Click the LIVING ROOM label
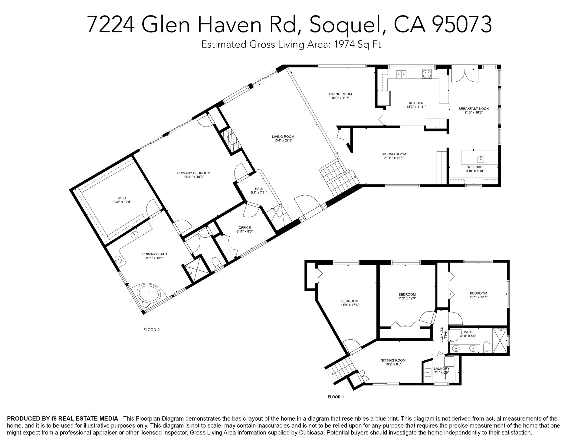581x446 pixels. point(283,137)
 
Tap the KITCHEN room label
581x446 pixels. point(416,103)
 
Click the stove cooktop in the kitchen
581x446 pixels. point(427,74)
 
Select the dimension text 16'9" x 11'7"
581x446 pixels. point(340,98)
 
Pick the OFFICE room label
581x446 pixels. point(245,228)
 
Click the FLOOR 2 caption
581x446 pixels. point(151,330)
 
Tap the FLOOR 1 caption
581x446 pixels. point(336,397)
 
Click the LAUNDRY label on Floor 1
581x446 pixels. point(441,368)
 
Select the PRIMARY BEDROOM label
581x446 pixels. point(194,173)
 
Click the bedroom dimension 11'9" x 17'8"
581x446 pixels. point(350,305)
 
